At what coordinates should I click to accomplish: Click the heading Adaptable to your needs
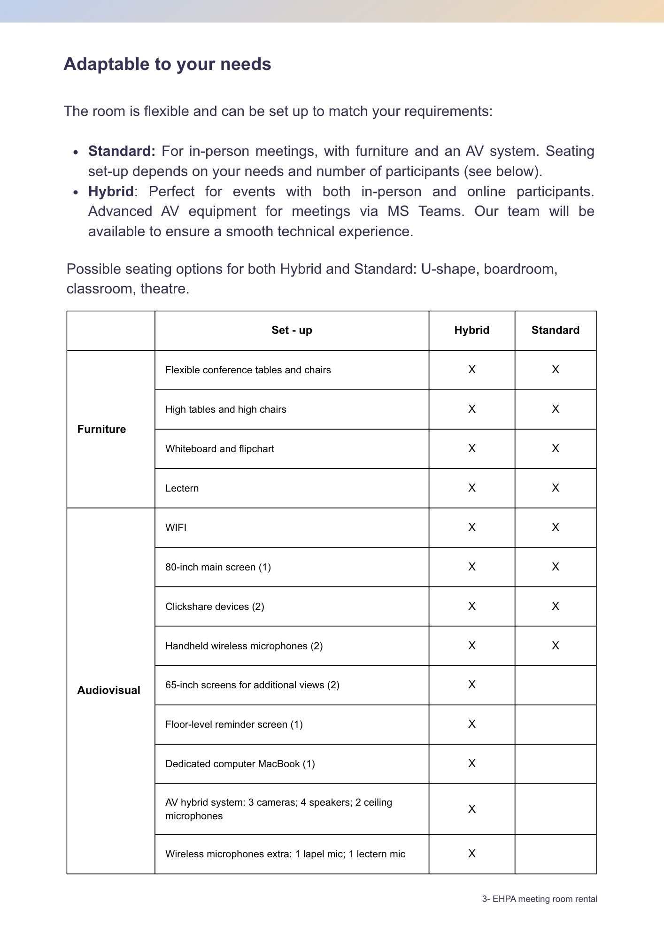point(167,64)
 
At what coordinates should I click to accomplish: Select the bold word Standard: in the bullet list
point(122,151)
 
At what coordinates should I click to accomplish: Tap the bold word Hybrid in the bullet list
point(111,192)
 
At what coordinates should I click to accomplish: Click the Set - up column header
point(292,331)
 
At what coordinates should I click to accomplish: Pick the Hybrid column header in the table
point(471,331)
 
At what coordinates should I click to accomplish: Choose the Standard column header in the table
point(555,331)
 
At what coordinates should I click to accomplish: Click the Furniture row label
point(101,429)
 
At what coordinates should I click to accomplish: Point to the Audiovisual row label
point(108,690)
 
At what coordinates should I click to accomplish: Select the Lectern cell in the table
point(182,488)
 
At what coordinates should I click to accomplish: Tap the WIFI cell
point(176,528)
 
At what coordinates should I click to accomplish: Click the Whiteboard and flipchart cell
point(220,449)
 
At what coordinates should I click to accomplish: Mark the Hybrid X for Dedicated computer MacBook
point(472,764)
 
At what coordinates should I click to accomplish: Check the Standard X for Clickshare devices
point(556,606)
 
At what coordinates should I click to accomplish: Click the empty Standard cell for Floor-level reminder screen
point(556,724)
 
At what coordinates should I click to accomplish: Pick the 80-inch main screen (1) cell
point(218,567)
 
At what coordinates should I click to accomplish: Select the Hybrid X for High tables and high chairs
point(472,409)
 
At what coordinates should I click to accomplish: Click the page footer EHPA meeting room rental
point(540,899)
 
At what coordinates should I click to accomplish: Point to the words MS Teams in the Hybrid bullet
point(425,211)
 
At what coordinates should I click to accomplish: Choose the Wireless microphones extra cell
point(285,854)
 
